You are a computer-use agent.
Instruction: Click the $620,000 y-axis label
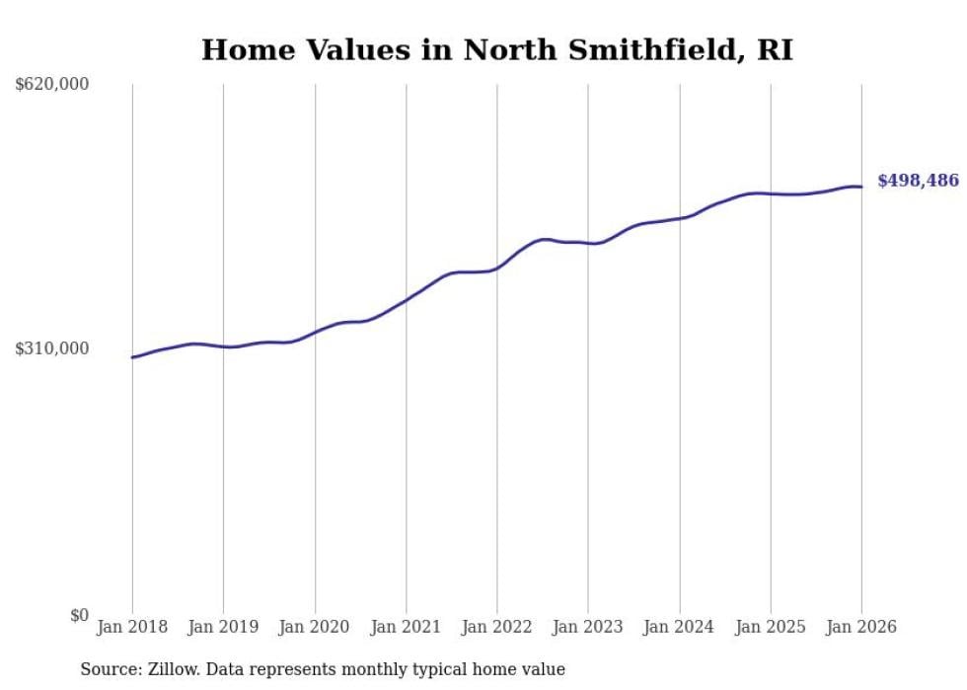point(52,85)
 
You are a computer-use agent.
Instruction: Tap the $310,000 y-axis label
point(52,348)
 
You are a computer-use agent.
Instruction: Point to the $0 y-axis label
point(79,615)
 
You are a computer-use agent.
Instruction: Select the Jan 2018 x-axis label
point(132,627)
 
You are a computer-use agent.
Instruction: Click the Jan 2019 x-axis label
point(223,627)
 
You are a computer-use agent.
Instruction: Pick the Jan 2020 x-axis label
point(315,627)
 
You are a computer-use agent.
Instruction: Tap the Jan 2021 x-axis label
point(406,627)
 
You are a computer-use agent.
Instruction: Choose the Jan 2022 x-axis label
point(497,627)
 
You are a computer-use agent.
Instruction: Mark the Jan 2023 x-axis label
point(588,627)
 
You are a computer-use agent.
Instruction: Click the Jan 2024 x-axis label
point(680,627)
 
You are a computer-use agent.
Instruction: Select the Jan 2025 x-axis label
point(771,627)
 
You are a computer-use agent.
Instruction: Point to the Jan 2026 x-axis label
point(861,627)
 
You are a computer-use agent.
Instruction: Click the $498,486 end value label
point(918,181)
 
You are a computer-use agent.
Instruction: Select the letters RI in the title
point(775,49)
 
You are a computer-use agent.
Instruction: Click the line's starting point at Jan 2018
point(132,357)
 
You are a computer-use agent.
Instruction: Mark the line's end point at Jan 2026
point(861,187)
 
